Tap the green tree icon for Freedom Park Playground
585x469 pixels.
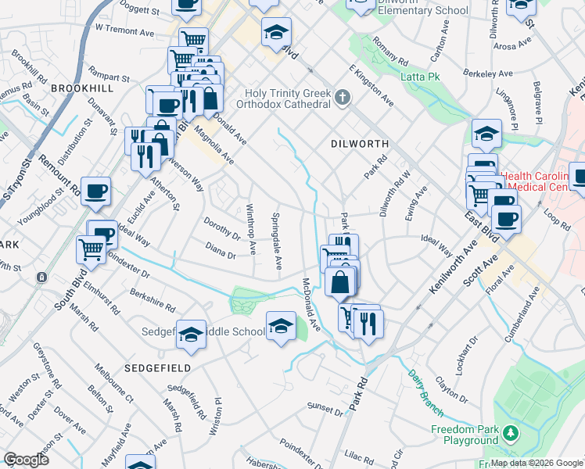pyautogui.click(x=511, y=432)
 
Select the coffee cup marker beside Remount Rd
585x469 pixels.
pyautogui.click(x=95, y=191)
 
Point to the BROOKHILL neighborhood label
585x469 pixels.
pyautogui.click(x=82, y=89)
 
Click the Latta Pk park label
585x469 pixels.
pyautogui.click(x=422, y=77)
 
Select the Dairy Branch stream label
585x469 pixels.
pyautogui.click(x=425, y=392)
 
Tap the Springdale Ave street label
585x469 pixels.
pyautogui.click(x=276, y=242)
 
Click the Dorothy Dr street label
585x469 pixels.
pyautogui.click(x=222, y=227)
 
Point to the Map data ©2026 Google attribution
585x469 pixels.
pyautogui.click(x=536, y=463)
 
